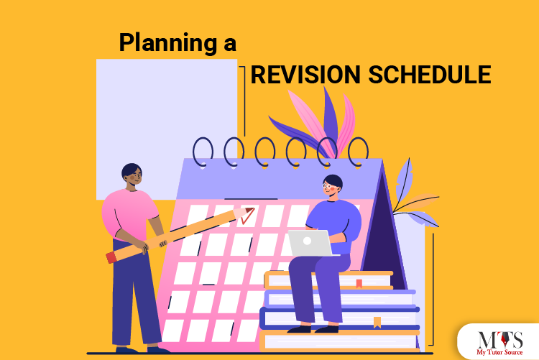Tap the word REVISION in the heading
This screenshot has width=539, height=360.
coord(305,74)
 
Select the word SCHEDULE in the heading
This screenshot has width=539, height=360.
coord(430,74)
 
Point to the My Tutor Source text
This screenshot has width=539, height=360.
coord(499,352)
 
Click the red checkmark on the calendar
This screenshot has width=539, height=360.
coord(247,216)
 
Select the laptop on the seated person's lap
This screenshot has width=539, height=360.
coord(310,243)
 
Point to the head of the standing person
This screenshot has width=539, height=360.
coord(132,175)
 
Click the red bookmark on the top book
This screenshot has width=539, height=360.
coord(359,284)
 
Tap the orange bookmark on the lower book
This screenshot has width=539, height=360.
coord(377,323)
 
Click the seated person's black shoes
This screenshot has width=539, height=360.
coord(313,329)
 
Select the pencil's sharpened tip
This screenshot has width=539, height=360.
coord(250,210)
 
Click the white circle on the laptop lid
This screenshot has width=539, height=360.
coord(307,241)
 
